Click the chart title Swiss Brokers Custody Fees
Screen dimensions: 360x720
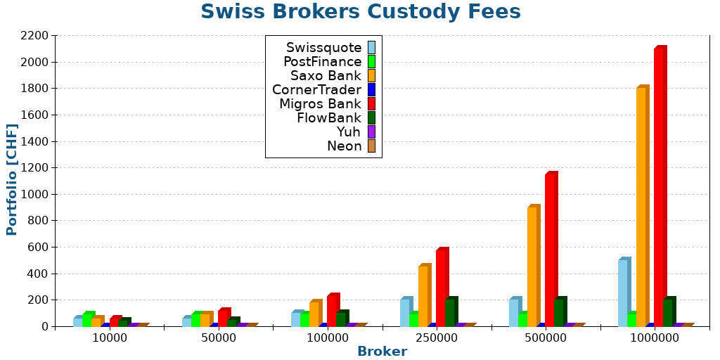point(360,12)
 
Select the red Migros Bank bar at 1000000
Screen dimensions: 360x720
point(659,187)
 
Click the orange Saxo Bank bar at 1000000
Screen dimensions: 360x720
point(641,207)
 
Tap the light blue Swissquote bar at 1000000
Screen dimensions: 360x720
point(623,292)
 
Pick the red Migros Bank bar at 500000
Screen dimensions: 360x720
point(550,250)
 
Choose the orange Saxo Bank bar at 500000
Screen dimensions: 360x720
point(532,266)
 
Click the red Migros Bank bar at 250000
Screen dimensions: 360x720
point(441,288)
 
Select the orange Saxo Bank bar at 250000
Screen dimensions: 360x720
point(423,296)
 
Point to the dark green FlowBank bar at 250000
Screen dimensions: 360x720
point(450,312)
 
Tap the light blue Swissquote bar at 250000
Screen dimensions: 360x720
point(405,312)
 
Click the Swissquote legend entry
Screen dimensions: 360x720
point(324,48)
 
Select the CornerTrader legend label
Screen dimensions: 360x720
point(317,90)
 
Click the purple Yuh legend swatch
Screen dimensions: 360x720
point(371,132)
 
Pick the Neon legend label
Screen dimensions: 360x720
point(344,146)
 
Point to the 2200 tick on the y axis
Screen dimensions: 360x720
point(34,36)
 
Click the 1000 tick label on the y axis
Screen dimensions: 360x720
point(34,194)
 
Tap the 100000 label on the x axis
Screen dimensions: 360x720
point(328,338)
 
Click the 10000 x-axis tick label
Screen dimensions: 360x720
point(110,338)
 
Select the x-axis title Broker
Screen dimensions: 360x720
point(382,352)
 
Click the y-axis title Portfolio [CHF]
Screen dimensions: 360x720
point(12,179)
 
